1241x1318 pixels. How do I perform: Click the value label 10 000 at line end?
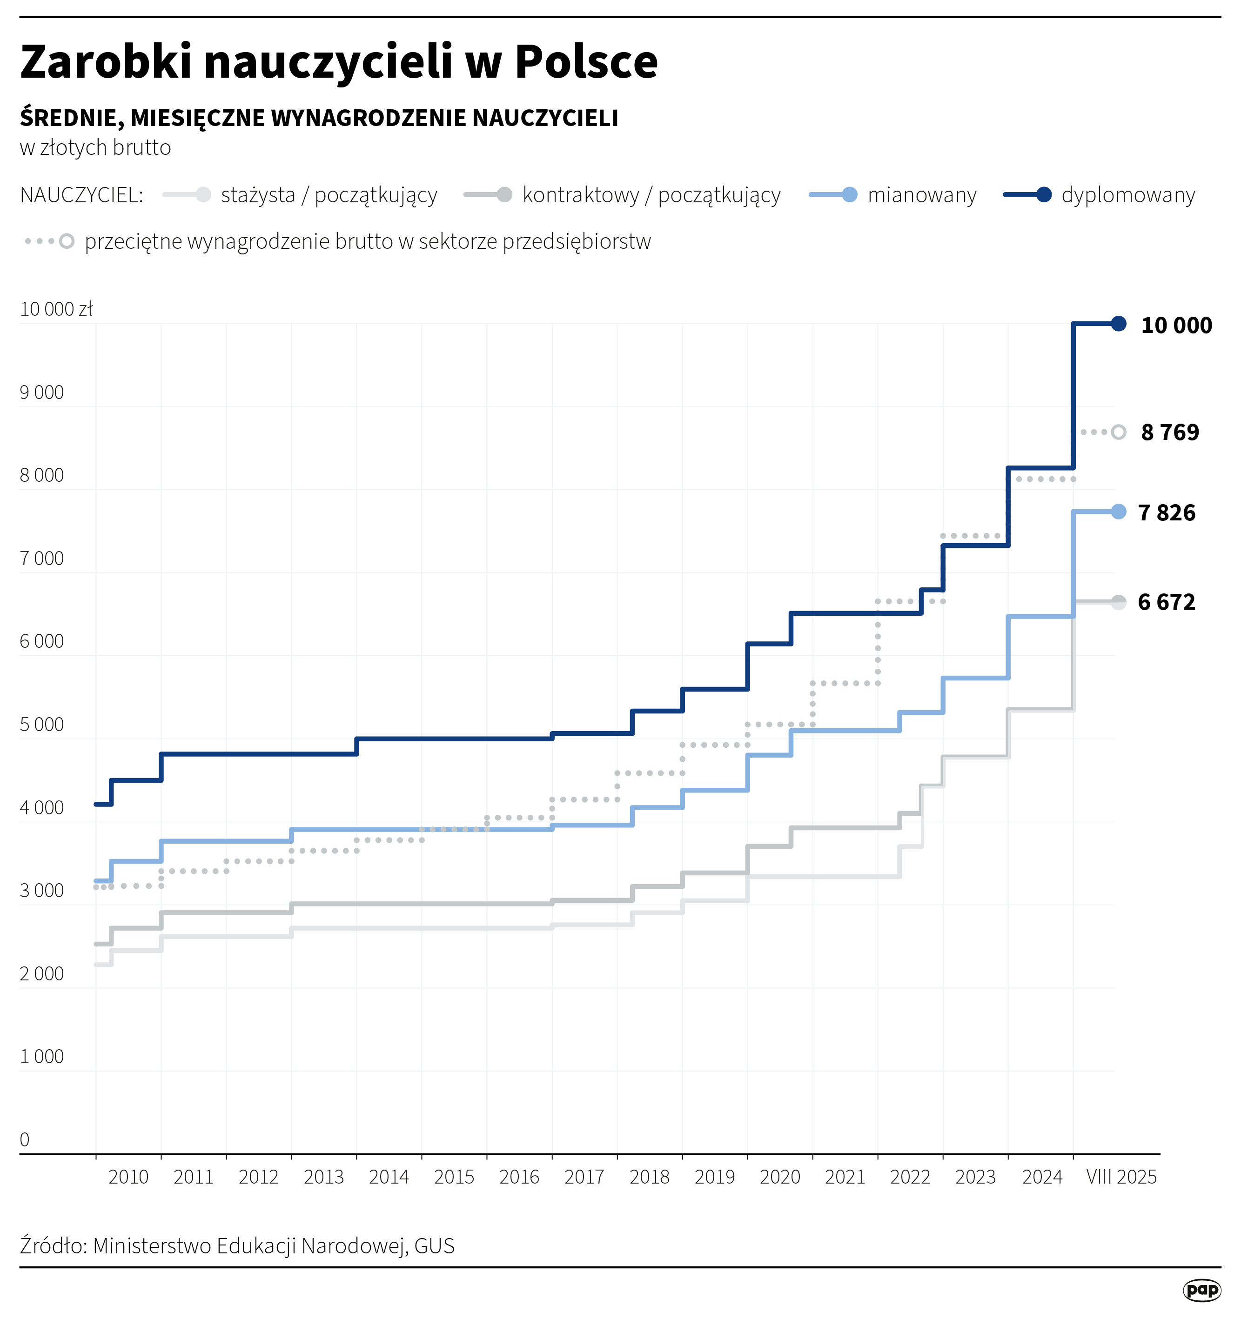[x=1176, y=326]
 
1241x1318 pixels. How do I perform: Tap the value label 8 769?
[x=1169, y=432]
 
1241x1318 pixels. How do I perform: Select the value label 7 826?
[x=1166, y=513]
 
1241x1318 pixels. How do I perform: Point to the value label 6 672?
[x=1166, y=602]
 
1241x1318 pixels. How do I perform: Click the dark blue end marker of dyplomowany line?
[x=1118, y=324]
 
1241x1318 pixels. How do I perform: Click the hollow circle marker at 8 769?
[x=1118, y=432]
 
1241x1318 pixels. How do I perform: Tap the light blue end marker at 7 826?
[x=1118, y=512]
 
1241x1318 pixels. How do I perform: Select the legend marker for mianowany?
[x=849, y=195]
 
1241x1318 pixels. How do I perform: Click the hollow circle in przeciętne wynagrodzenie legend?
[x=67, y=241]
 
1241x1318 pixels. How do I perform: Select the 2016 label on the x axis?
[x=519, y=1177]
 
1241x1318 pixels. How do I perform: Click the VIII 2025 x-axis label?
[x=1121, y=1177]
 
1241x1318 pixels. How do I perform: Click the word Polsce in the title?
[x=586, y=62]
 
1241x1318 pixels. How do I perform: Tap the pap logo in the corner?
[x=1202, y=1290]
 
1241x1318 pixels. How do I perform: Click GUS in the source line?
[x=435, y=1246]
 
